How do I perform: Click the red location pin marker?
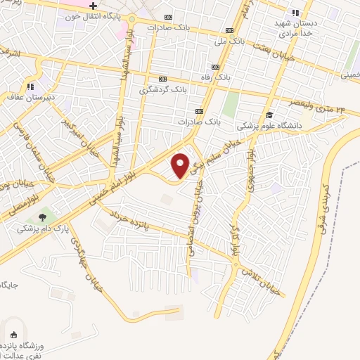(x=181, y=165)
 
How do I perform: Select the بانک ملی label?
(x=230, y=41)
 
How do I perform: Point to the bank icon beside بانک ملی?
(x=229, y=30)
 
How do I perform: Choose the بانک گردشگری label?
(x=163, y=89)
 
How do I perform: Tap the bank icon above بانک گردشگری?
(x=163, y=79)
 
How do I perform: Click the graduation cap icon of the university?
(x=269, y=115)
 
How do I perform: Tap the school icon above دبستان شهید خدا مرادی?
(x=295, y=13)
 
